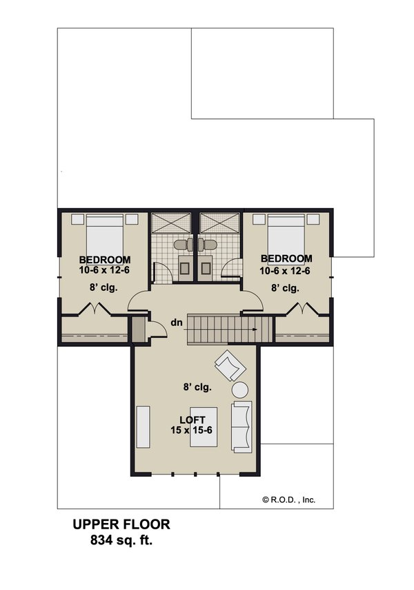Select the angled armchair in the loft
pyautogui.click(x=228, y=363)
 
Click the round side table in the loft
pyautogui.click(x=243, y=390)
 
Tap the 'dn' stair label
pyautogui.click(x=177, y=322)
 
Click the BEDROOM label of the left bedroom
pyautogui.click(x=105, y=260)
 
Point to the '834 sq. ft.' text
pyautogui.click(x=121, y=540)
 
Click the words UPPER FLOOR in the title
pyautogui.click(x=121, y=525)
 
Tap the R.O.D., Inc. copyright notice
pyautogui.click(x=288, y=499)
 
